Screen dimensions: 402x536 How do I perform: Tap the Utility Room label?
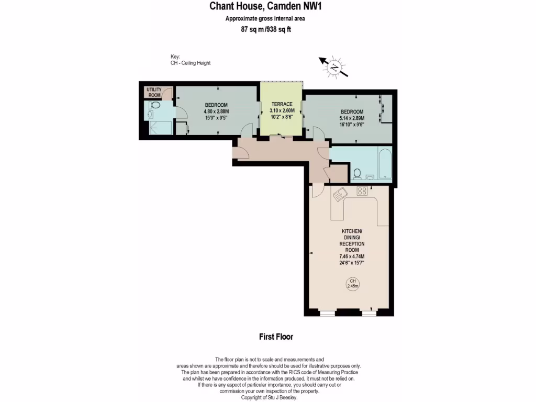pos(153,93)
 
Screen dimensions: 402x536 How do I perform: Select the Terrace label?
pos(282,104)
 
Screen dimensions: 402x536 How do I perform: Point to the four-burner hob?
pos(362,191)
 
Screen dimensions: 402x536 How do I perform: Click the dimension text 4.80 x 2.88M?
pos(216,111)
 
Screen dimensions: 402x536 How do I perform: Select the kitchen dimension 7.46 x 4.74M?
pos(352,256)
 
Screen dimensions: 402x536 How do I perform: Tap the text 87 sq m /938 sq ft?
pos(265,29)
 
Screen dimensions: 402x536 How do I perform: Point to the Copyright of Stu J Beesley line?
pos(268,397)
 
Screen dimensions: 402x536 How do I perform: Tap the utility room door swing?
pos(167,95)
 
